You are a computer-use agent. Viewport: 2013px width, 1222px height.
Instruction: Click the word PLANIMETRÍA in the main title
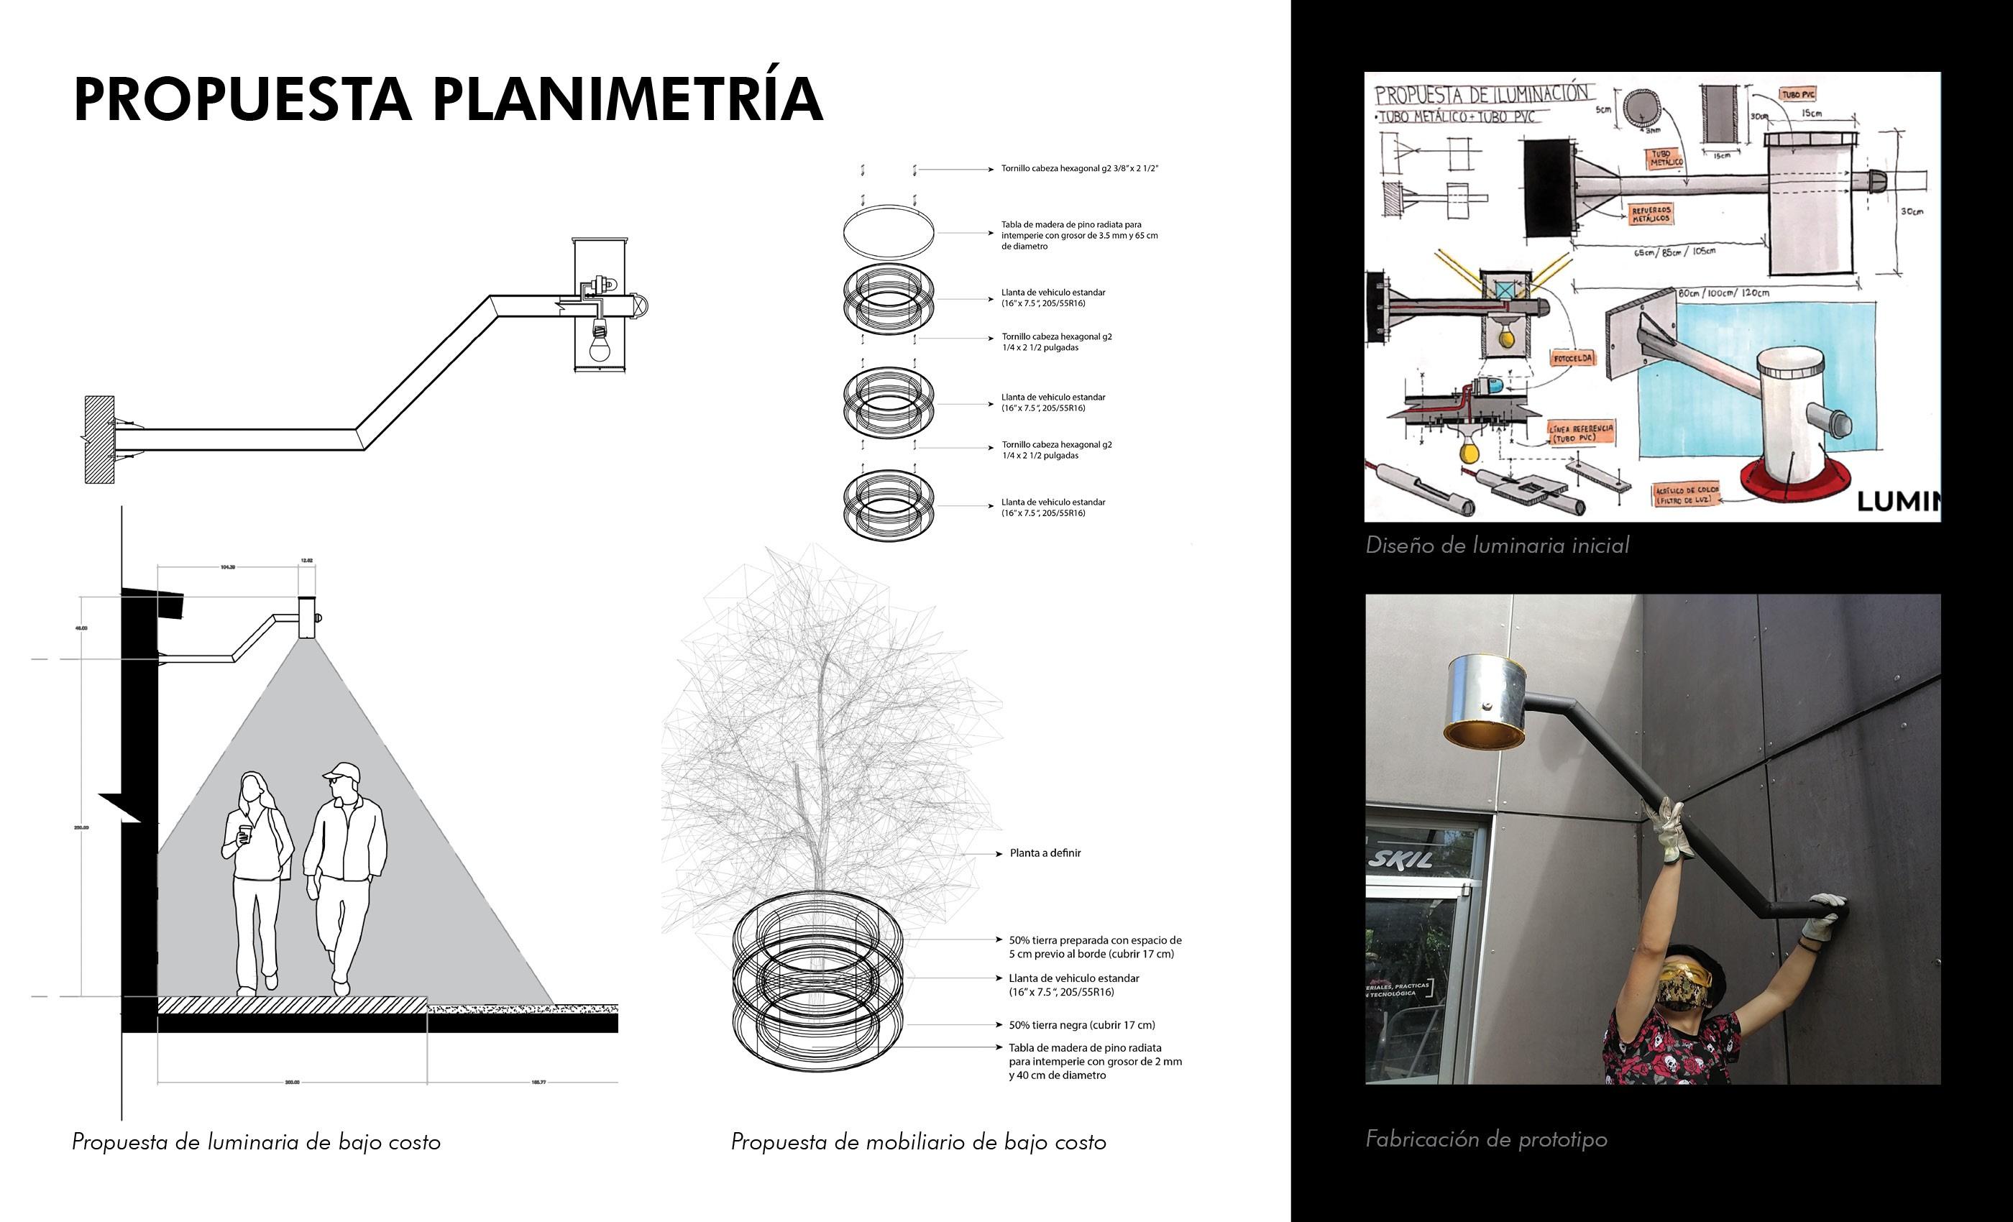point(628,100)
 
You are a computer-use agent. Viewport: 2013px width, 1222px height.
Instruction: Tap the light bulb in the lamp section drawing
point(601,345)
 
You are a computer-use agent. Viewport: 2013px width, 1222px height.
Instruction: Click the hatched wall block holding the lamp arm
point(99,438)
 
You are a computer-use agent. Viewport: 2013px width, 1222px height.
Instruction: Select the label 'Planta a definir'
point(1045,853)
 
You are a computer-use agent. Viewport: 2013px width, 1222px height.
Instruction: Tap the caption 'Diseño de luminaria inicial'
point(1497,546)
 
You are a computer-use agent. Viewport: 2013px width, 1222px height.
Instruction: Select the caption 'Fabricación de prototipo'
point(1486,1139)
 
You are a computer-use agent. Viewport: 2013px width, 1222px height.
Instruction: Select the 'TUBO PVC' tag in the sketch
point(1797,95)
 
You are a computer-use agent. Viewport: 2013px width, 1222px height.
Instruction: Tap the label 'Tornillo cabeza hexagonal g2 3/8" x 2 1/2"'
point(1079,169)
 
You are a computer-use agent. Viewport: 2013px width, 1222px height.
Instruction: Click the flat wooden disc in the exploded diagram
point(889,233)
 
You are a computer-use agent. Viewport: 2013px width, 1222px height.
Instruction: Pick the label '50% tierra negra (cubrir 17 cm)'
point(1082,1025)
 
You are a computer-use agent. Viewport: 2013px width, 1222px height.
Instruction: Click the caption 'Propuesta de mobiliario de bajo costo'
point(918,1142)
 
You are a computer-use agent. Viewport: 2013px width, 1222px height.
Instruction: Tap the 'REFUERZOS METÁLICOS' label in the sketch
point(1651,215)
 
